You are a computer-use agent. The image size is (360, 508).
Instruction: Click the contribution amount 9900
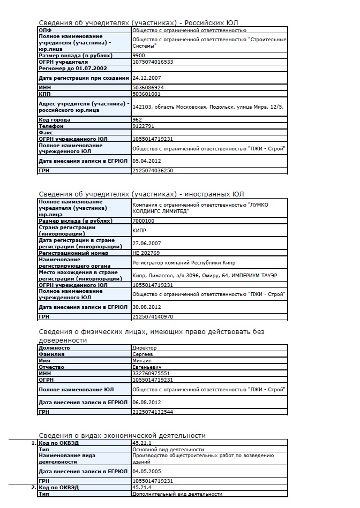(x=138, y=55)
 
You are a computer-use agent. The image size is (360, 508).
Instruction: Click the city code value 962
(x=137, y=120)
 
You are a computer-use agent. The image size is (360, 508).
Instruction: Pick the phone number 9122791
(x=142, y=126)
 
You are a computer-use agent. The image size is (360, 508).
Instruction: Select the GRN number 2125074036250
(x=152, y=170)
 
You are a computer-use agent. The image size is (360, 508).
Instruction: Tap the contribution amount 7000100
(x=142, y=221)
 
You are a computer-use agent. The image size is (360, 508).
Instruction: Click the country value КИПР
(x=139, y=230)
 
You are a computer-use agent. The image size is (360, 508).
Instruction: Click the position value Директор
(x=144, y=348)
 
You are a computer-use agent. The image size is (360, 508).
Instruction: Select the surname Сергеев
(x=142, y=354)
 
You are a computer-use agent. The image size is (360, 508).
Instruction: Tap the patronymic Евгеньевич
(x=146, y=367)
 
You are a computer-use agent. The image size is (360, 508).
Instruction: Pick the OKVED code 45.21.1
(x=141, y=443)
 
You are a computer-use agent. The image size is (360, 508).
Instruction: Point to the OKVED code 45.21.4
(x=141, y=488)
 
